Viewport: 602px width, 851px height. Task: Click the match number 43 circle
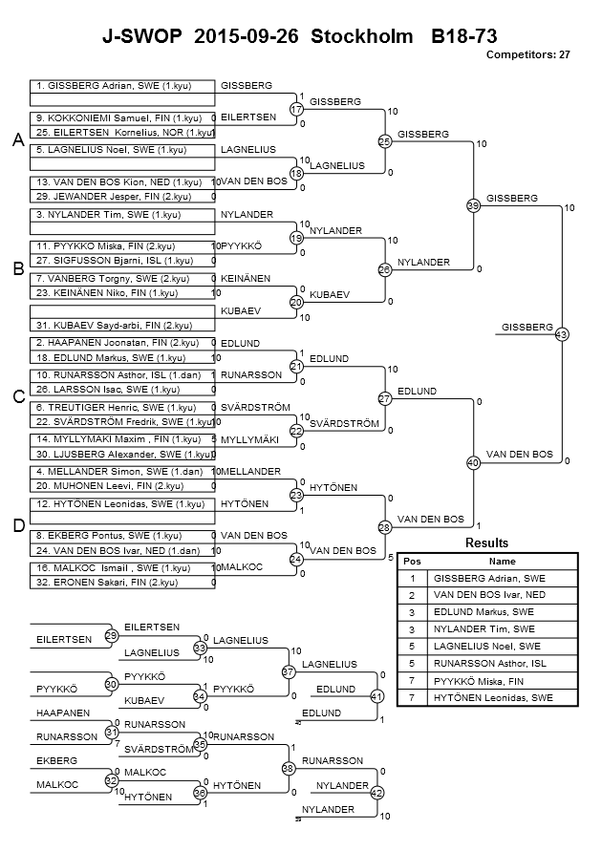point(561,334)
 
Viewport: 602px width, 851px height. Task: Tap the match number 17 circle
point(296,109)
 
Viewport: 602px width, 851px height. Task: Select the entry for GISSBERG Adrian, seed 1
point(114,86)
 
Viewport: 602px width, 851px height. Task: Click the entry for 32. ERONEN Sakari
point(107,583)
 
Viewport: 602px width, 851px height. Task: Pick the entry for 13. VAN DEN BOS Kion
point(118,182)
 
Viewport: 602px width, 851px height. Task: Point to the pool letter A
point(18,140)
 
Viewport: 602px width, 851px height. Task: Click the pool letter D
point(18,525)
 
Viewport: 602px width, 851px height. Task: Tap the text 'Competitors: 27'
point(527,54)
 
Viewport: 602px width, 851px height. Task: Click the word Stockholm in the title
point(361,36)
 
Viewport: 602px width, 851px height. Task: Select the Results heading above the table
point(487,543)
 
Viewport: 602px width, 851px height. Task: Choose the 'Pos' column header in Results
point(412,562)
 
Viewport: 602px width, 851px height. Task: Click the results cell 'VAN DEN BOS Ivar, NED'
point(489,595)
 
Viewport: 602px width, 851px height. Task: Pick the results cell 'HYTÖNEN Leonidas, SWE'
point(493,698)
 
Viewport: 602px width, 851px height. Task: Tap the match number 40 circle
point(473,463)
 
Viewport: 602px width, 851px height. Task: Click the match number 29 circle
point(112,635)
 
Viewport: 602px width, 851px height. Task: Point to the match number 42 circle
point(376,793)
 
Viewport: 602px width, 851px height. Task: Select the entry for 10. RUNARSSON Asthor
point(118,375)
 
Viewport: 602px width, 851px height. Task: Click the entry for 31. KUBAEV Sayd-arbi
point(114,326)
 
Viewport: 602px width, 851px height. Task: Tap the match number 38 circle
point(289,769)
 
